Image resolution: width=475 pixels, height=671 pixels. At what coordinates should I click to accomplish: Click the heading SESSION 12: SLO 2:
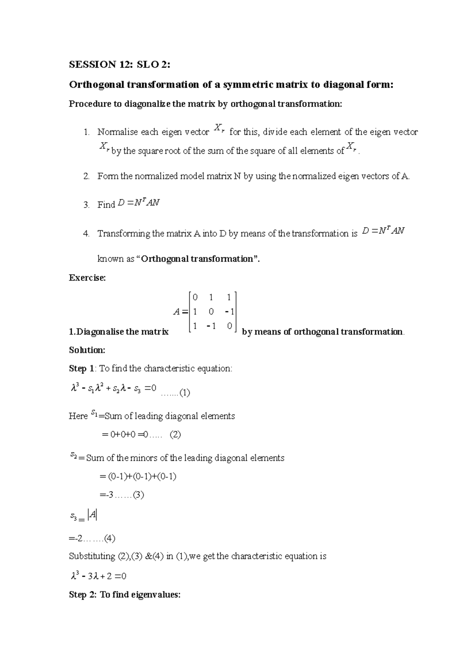point(120,65)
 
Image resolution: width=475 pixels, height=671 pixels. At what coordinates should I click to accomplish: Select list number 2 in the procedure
point(87,176)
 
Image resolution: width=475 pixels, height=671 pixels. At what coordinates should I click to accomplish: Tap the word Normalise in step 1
point(117,132)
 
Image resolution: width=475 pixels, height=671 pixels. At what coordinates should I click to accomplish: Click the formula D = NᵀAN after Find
point(139,204)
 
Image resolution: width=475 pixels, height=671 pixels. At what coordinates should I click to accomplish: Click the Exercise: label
point(87,278)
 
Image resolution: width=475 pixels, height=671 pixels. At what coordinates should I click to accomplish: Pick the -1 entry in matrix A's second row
point(229,312)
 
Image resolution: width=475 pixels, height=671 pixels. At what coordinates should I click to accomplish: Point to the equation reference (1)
point(184,393)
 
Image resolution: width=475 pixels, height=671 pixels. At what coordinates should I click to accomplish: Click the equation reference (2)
point(175,435)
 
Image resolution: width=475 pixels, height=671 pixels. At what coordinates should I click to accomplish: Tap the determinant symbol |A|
point(93,515)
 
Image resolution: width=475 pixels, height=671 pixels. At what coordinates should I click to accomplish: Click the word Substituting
point(92,556)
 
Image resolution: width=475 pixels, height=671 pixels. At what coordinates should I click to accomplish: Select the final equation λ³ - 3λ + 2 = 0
point(98,576)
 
